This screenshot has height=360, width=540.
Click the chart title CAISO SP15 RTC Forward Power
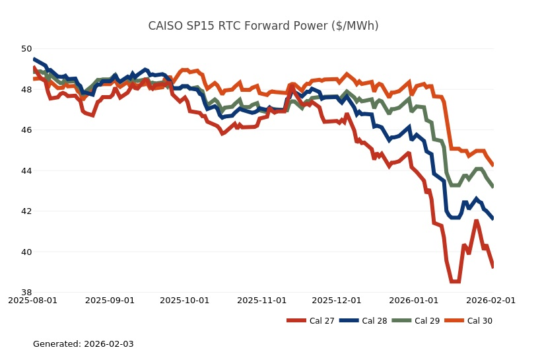[263, 26]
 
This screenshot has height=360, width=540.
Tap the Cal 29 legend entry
[417, 321]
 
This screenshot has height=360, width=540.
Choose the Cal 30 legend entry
[470, 321]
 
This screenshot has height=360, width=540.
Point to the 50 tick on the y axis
[26, 49]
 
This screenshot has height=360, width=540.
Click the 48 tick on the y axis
[26, 90]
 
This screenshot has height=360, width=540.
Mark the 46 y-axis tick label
[26, 130]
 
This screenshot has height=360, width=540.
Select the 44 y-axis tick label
[26, 171]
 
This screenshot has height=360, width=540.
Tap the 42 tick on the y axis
[26, 211]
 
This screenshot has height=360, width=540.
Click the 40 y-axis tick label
[26, 252]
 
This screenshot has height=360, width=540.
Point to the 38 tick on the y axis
[26, 293]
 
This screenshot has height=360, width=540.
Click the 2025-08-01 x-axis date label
[32, 301]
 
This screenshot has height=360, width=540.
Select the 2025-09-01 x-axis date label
[110, 301]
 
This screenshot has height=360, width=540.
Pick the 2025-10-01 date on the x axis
[184, 301]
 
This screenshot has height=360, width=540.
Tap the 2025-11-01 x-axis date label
[261, 301]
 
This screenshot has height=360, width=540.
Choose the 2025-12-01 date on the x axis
[337, 301]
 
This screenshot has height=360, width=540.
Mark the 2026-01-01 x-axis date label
[414, 301]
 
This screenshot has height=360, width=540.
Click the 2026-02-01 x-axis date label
[491, 301]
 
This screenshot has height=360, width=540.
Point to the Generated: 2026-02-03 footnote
[83, 344]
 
